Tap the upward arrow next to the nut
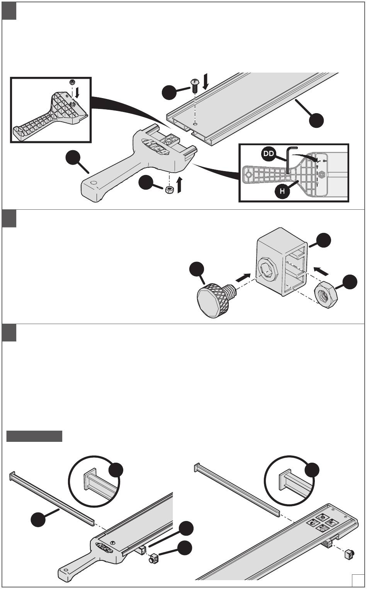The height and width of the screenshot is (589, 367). coord(179,185)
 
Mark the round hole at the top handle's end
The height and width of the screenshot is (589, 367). coord(92,182)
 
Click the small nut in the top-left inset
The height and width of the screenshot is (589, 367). coord(71,82)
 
